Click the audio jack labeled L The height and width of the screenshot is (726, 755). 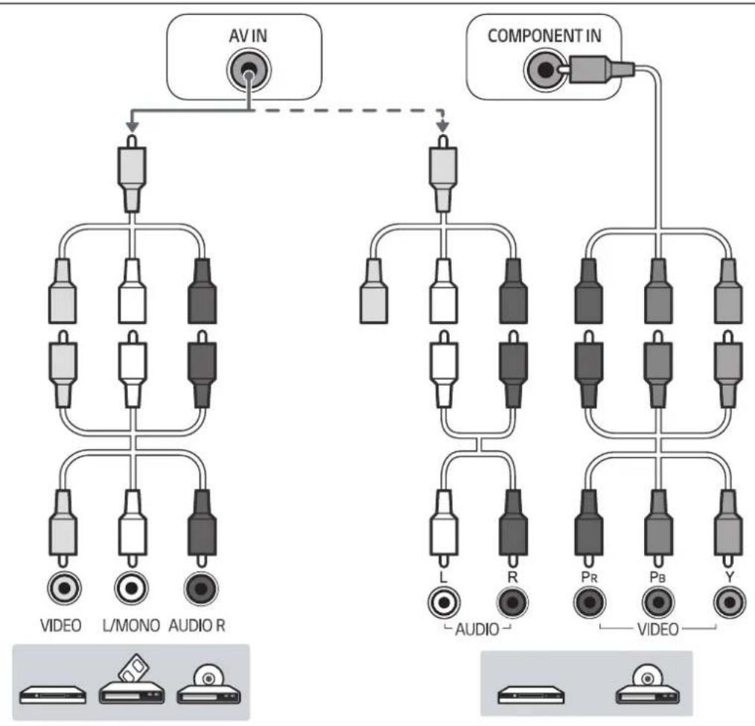[x=444, y=600]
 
